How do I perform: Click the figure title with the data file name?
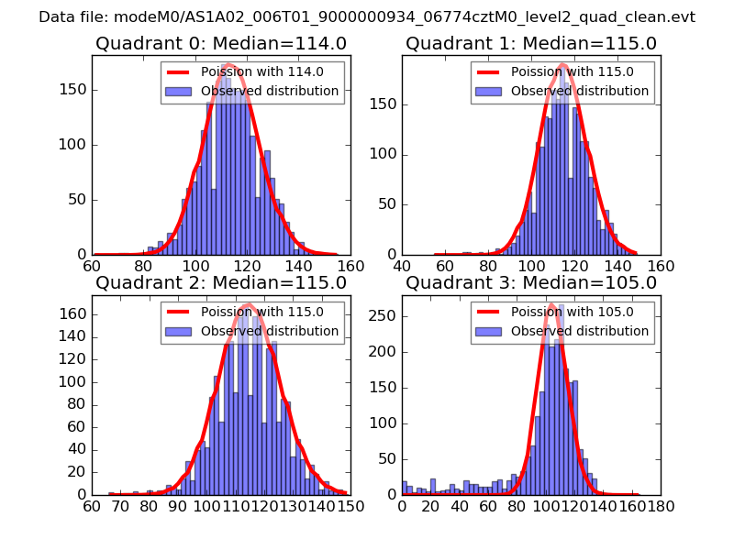click(x=367, y=17)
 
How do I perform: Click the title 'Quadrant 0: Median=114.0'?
click(x=220, y=43)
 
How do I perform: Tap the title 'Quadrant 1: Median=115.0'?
click(x=531, y=43)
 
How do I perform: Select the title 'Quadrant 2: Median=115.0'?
click(x=220, y=283)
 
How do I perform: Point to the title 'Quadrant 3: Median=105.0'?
click(x=531, y=283)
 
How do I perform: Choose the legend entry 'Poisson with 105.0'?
click(x=572, y=312)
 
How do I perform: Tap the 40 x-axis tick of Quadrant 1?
click(x=402, y=265)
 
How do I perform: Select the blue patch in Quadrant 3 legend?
click(x=489, y=331)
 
